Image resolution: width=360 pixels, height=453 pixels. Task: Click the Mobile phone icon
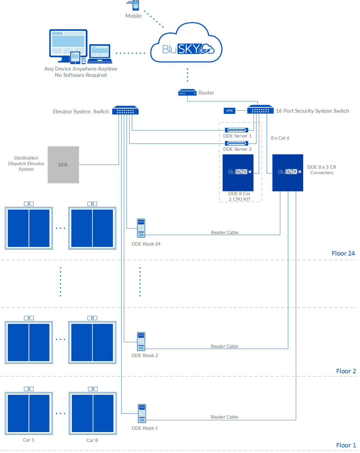pos(135,5)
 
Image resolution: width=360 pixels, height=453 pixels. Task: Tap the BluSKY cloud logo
pos(186,44)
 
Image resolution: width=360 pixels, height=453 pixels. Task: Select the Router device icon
pos(187,93)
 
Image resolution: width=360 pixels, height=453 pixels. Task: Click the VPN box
pos(229,111)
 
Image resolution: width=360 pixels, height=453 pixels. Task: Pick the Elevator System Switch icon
pos(125,110)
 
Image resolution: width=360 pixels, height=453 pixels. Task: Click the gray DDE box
pos(63,165)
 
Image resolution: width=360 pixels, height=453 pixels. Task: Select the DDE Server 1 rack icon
pos(236,130)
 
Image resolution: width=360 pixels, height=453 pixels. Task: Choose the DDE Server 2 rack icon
pos(236,143)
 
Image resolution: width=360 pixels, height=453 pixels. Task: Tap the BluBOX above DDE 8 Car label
pos(238,173)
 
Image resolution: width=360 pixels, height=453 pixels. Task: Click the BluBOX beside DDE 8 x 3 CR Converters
pos(288,173)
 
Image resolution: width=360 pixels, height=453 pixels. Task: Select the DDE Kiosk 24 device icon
pos(141,228)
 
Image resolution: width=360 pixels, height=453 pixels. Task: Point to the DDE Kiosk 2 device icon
pos(141,341)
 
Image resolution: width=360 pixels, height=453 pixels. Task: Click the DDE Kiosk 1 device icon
pos(142,414)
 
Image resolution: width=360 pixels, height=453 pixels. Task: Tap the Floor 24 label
pos(343,253)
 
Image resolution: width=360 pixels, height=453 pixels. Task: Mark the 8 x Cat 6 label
pos(280,138)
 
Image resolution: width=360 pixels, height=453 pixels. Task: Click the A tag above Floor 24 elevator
pos(29,204)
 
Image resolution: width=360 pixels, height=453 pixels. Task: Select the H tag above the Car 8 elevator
pos(93,389)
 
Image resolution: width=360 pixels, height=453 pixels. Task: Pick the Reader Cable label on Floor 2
pos(224,346)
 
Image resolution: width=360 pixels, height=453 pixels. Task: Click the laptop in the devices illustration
pos(100,54)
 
